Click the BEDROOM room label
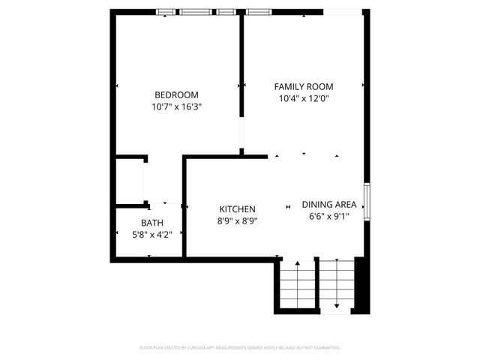176,94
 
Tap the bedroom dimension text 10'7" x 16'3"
176,106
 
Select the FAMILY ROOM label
303,86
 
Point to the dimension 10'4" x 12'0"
303,97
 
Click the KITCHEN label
238,209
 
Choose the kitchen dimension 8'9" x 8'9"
238,220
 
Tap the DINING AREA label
328,204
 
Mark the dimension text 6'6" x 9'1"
328,217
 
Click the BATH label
152,223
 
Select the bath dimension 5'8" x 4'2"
152,235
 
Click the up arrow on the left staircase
298,268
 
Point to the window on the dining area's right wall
367,202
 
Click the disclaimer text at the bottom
240,348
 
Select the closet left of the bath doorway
129,181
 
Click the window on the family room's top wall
257,12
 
